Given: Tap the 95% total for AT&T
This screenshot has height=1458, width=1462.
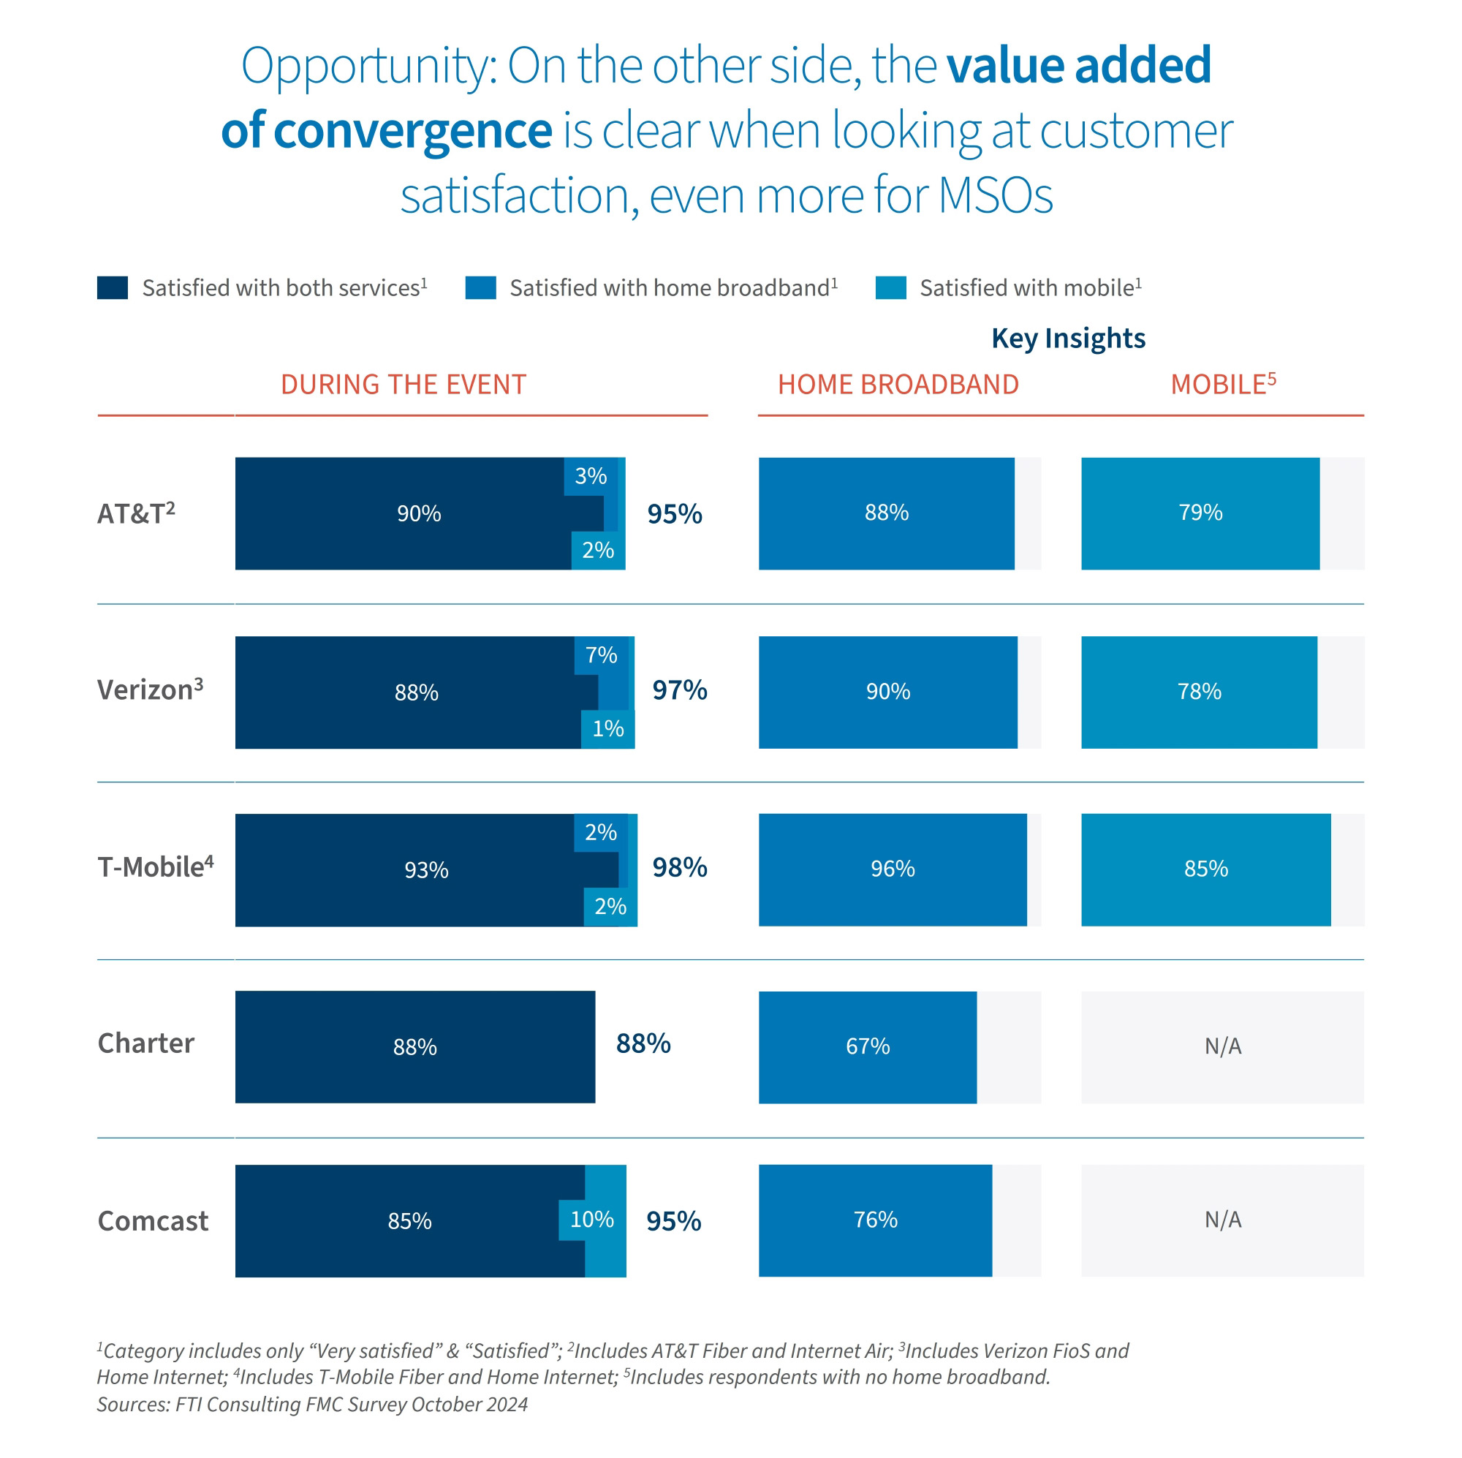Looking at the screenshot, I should coord(674,514).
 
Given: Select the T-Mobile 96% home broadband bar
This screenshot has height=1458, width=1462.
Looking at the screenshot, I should coord(892,869).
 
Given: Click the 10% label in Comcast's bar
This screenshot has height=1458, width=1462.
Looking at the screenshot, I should coord(592,1219).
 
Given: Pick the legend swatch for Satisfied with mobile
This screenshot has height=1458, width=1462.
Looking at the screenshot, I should coord(890,287).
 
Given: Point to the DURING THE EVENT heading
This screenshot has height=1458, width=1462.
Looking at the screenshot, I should coord(404,385).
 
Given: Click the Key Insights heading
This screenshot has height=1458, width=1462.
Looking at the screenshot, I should coord(1068,338).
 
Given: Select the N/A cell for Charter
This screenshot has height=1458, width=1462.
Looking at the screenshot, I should coord(1222,1046).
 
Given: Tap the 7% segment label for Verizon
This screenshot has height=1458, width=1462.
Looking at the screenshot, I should coord(601,655).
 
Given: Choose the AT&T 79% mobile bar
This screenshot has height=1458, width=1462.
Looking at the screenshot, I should coord(1200,513).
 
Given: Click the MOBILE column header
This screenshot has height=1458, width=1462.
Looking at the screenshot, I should coord(1222,385).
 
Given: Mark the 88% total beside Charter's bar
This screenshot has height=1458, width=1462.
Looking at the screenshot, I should coord(643,1043).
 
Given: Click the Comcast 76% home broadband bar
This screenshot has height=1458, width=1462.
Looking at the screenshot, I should coord(875,1220).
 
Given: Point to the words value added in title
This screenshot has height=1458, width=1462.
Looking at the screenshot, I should coord(1078,65).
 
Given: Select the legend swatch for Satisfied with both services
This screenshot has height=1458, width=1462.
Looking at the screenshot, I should coord(112,287).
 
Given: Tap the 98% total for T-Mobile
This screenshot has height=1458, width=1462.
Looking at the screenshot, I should coord(680,867).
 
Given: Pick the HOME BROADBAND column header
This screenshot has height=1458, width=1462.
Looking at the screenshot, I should coord(898,385).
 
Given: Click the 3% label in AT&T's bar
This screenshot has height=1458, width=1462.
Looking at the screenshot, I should coord(590,476).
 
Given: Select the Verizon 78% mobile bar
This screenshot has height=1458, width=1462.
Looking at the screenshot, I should coord(1199,691).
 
